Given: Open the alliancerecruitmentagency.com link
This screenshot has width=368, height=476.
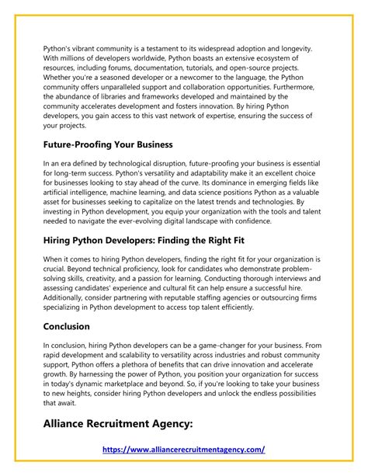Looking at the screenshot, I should pos(184,450).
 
